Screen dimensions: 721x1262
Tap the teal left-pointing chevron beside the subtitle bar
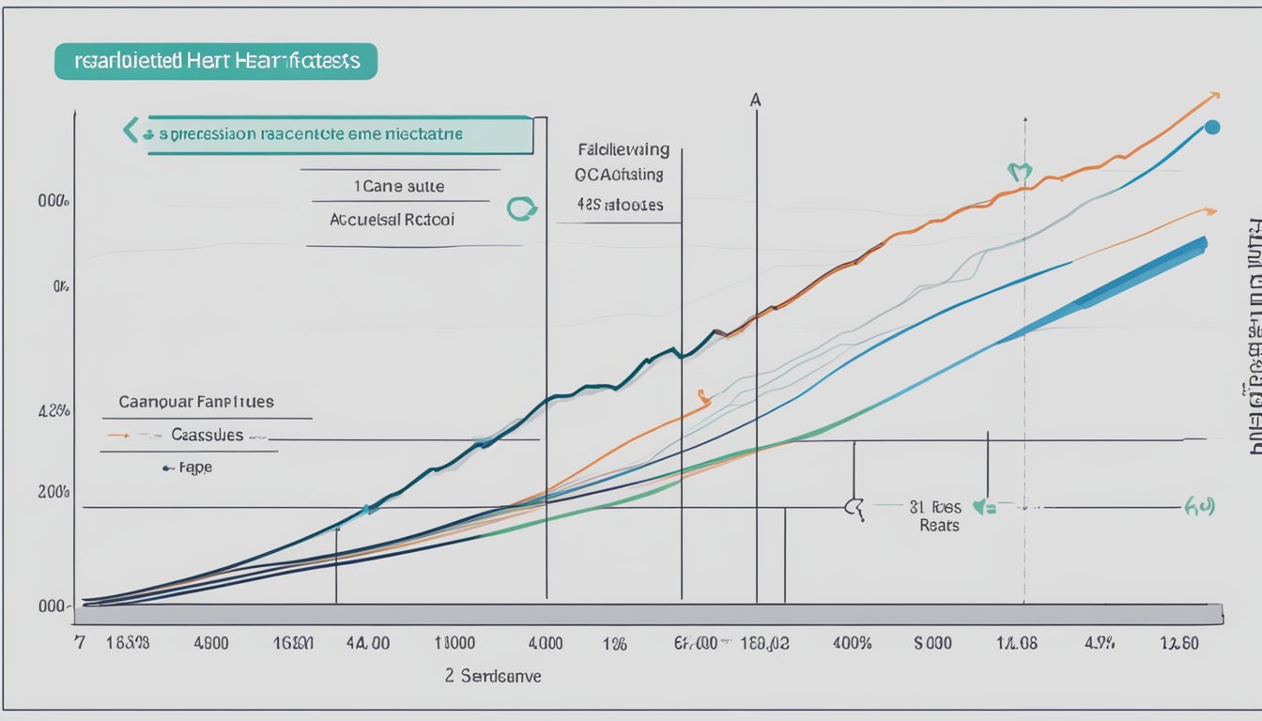point(131,130)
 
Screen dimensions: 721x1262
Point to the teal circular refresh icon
point(519,208)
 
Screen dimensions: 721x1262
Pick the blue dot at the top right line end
point(1211,127)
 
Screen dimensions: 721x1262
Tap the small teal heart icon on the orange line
point(1019,173)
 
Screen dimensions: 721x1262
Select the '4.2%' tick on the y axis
point(54,410)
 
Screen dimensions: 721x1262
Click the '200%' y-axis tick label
point(54,491)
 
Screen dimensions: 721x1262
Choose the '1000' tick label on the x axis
point(454,644)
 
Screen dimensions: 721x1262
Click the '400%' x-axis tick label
point(852,644)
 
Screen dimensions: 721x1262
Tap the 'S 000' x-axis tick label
point(932,644)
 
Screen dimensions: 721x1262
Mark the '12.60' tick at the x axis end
point(1179,644)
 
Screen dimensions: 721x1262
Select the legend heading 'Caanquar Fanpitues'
point(196,402)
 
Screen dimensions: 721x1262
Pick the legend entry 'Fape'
point(194,467)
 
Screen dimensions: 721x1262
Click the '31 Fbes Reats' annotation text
point(939,516)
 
